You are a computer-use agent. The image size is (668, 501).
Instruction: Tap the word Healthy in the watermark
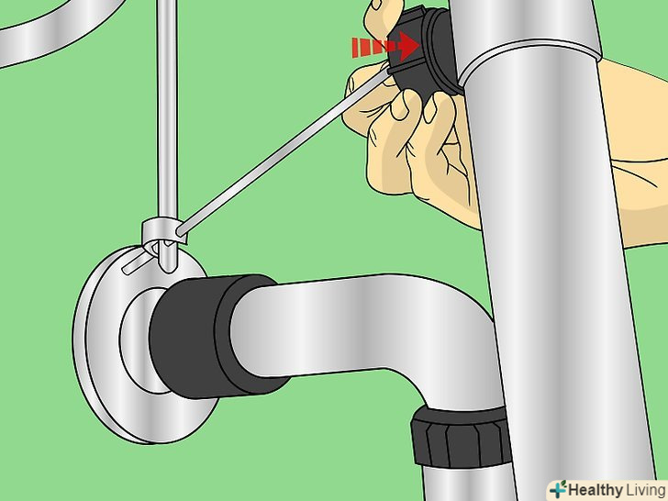(x=595, y=489)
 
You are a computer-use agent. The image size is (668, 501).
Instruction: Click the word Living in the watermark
(x=644, y=490)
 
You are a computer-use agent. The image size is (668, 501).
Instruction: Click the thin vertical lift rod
(x=167, y=128)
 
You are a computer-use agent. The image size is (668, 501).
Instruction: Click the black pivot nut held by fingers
(x=422, y=53)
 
